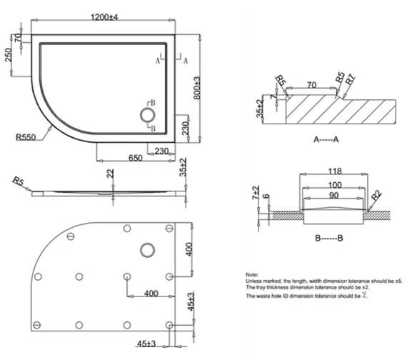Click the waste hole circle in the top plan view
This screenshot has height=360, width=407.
[148, 114]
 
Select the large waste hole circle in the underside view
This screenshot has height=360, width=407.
[149, 249]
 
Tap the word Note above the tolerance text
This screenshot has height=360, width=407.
[252, 274]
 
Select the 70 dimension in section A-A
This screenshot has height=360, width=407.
[311, 85]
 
